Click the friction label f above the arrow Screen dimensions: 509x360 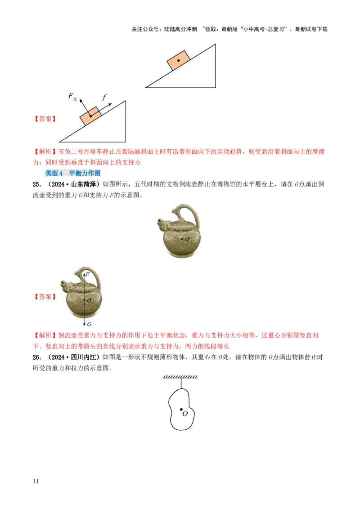point(104,96)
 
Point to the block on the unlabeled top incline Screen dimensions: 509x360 point(178,60)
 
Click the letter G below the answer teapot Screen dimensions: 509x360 point(89,324)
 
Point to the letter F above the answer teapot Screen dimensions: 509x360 point(87,274)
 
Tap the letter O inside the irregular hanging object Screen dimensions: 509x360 point(184,413)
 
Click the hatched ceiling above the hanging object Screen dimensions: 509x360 point(180,377)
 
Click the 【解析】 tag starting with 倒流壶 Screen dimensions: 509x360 point(45,335)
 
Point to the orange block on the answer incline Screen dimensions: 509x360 point(90,116)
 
